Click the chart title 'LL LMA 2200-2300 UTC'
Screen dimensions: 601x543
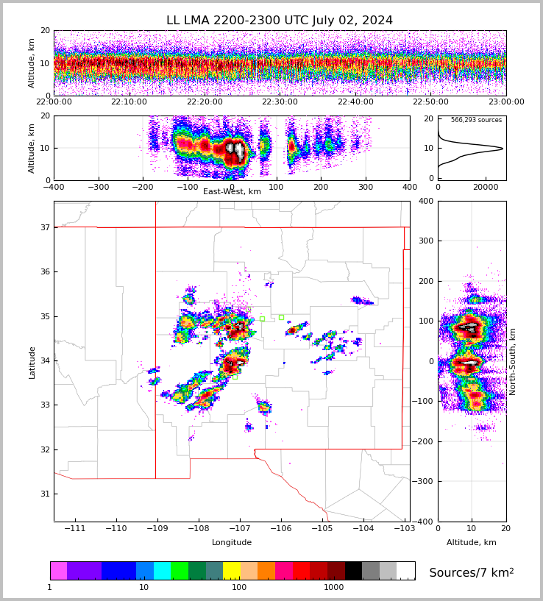279,21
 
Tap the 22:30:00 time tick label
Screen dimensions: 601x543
280,102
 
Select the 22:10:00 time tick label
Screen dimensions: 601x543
129,102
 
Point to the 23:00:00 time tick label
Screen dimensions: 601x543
505,102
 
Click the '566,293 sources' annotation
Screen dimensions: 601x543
476,120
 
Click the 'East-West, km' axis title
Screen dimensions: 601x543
232,192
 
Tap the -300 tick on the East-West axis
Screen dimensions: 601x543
99,188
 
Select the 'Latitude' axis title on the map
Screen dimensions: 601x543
32,362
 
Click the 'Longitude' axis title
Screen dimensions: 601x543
232,543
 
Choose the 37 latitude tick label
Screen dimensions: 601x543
44,228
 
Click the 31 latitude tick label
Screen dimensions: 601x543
44,494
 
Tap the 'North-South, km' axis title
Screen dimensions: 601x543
513,361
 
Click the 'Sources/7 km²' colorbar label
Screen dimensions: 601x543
471,572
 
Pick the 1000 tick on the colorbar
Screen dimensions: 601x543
334,588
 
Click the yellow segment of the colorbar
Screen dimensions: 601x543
232,571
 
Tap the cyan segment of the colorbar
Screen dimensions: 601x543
162,571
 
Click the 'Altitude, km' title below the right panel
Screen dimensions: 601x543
471,543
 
